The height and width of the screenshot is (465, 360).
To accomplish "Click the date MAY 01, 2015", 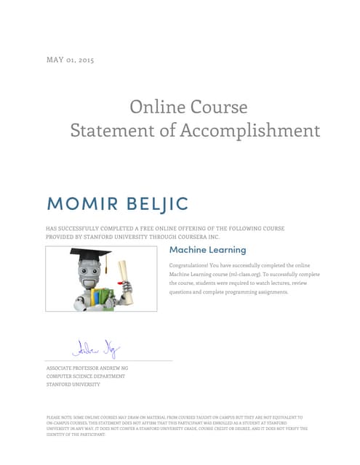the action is [x=70, y=60].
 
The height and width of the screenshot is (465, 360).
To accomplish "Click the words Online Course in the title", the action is [x=188, y=107].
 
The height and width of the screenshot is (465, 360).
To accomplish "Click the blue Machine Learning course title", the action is [x=207, y=250].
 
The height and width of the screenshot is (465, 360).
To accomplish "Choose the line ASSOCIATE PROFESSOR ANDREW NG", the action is [x=87, y=368].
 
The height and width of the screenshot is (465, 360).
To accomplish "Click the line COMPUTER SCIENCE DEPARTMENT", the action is [x=86, y=376].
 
